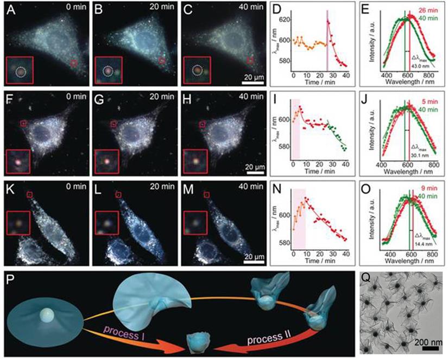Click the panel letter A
8,9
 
